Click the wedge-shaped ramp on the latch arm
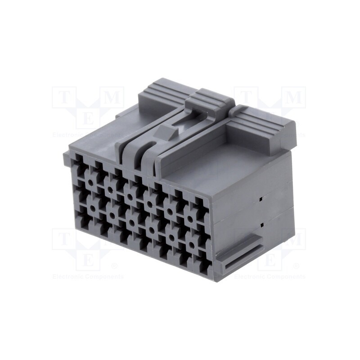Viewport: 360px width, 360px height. (166, 131)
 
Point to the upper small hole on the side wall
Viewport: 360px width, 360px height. (261, 198)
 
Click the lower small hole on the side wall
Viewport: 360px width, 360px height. (261, 224)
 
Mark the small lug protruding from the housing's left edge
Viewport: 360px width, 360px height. (67, 158)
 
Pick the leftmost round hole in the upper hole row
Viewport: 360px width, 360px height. (90, 183)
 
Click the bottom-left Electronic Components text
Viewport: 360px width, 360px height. (88, 276)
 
